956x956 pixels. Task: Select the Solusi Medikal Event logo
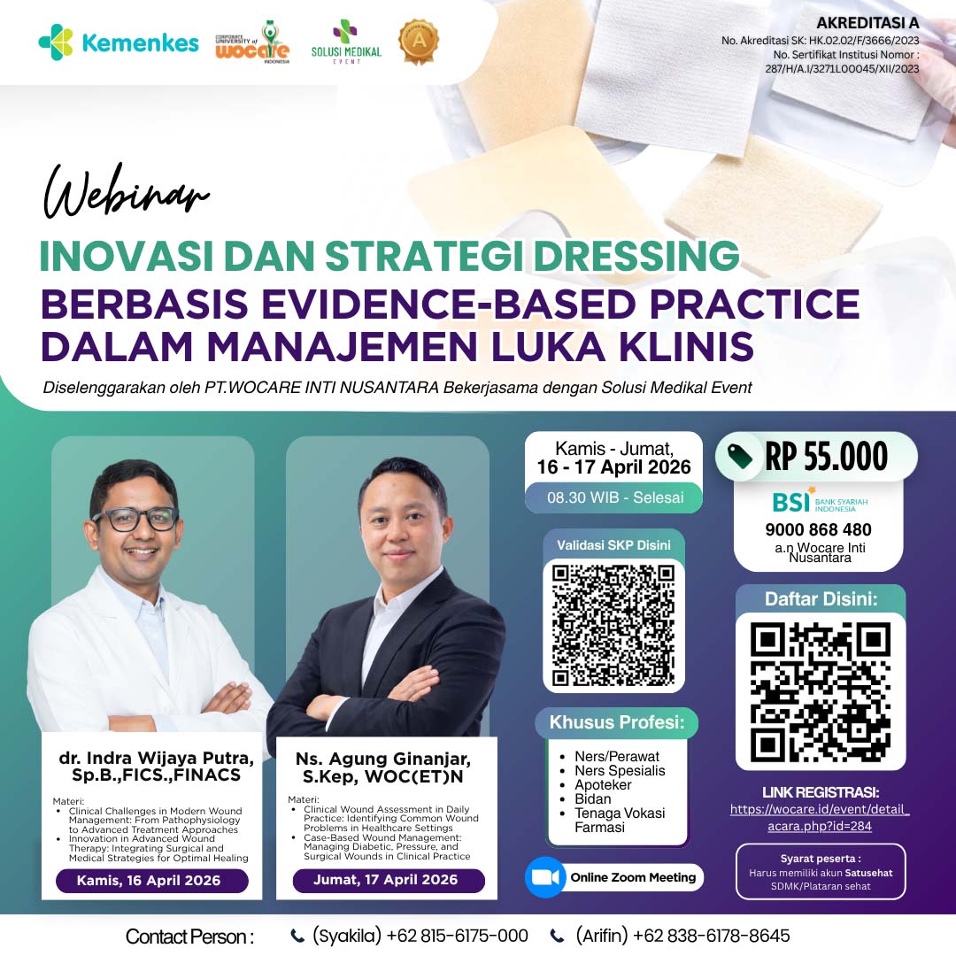[x=346, y=42]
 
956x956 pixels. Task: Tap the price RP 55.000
[x=825, y=457]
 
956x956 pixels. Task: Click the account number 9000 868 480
[x=818, y=530]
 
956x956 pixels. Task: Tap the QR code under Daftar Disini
[x=820, y=690]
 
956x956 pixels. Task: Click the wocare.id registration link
[x=820, y=817]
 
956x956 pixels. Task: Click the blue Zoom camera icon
[x=545, y=877]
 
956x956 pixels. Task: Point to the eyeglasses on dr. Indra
[x=135, y=519]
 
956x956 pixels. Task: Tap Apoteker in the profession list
[x=603, y=785]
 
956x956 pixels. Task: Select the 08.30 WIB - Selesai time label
[x=615, y=497]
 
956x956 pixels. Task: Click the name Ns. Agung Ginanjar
[x=382, y=759]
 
